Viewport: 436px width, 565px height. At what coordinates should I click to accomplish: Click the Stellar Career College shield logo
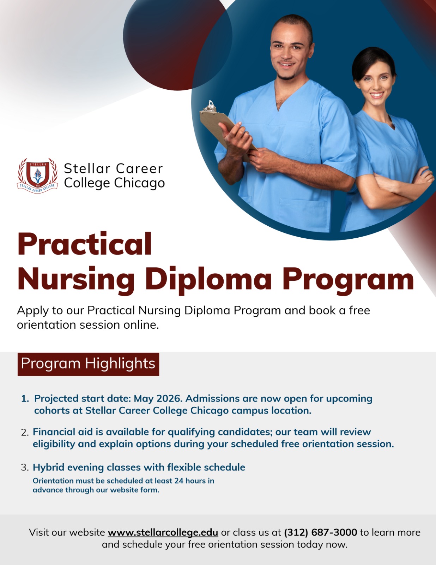[x=37, y=176]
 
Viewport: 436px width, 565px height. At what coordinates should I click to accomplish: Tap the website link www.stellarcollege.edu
[x=163, y=532]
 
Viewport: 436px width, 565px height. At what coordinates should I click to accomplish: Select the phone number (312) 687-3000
[x=320, y=532]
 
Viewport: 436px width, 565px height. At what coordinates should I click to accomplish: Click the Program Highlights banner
[x=88, y=364]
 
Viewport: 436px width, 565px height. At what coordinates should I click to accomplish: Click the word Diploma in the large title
[x=208, y=280]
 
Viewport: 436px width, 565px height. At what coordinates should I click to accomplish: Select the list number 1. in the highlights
[x=25, y=399]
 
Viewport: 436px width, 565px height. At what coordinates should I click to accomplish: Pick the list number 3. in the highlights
[x=25, y=467]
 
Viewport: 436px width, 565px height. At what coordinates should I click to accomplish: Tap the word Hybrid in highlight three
[x=49, y=468]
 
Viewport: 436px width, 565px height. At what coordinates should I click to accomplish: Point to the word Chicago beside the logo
[x=139, y=183]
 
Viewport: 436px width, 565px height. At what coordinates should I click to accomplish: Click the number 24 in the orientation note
[x=179, y=481]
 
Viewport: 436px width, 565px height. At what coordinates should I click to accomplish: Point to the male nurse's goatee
[x=286, y=76]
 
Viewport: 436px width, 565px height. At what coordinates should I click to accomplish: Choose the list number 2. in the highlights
[x=25, y=432]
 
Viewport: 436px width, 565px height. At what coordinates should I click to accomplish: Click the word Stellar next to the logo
[x=87, y=168]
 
